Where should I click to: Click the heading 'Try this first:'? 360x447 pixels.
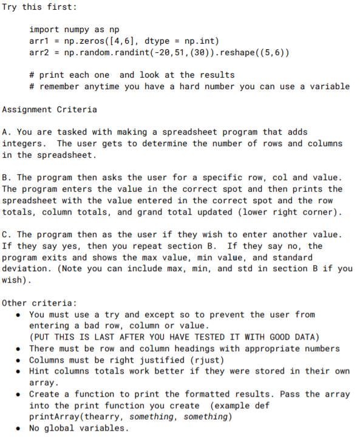pos(39,7)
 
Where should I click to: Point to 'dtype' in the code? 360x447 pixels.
pos(158,41)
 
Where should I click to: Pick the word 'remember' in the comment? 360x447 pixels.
pos(63,86)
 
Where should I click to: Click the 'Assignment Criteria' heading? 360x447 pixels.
pos(50,109)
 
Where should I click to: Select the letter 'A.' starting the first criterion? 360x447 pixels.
pos(6,132)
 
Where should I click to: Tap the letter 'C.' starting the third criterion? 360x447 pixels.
pos(6,234)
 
